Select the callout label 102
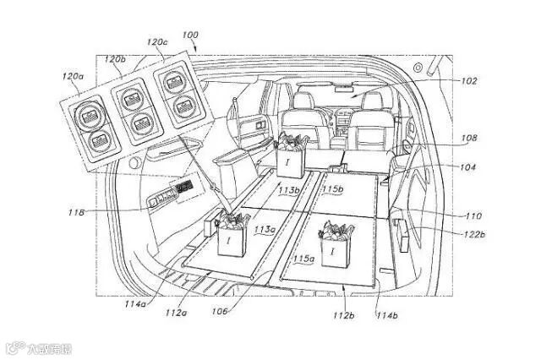coord(469,81)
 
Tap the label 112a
coord(177,314)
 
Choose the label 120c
coord(156,40)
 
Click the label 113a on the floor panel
coord(265,229)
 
